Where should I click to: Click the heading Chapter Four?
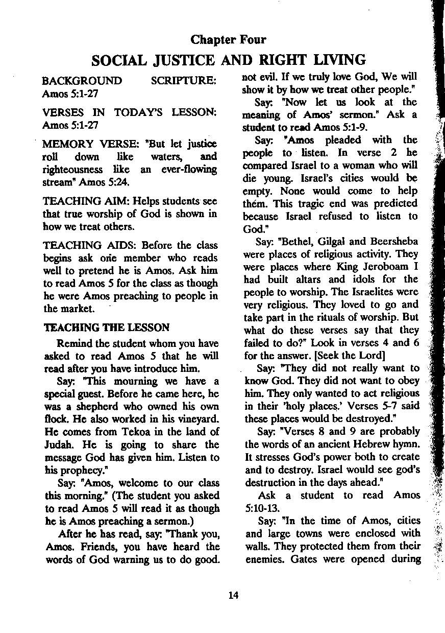coord(228,39)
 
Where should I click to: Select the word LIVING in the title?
coord(339,60)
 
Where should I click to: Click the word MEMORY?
coord(64,144)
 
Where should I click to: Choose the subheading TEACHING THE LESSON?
coord(106,327)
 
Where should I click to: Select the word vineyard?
coord(199,419)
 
